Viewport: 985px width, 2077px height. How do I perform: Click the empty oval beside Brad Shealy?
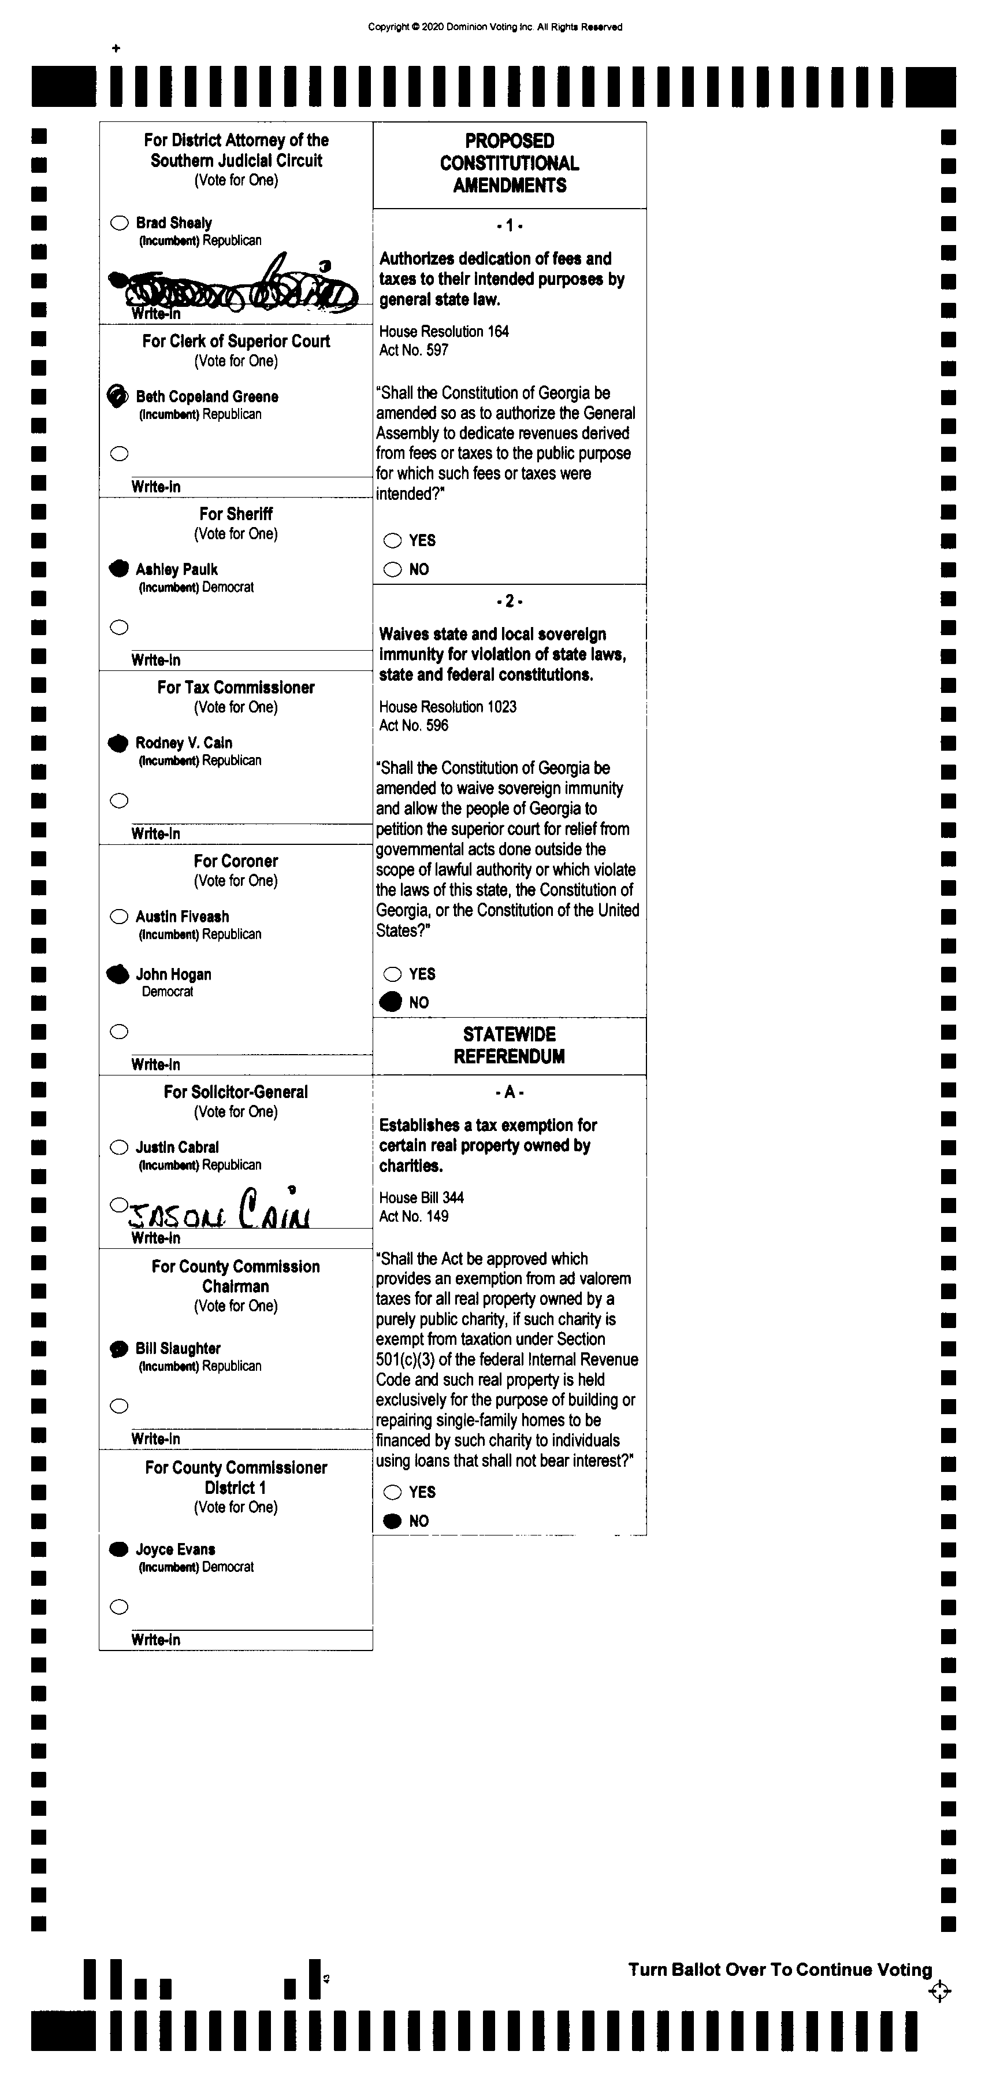tap(119, 222)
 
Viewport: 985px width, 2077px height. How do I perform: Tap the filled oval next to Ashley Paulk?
tap(119, 569)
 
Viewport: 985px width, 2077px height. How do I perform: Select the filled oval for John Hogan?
tap(118, 974)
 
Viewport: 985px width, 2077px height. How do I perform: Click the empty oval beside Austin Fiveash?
tap(119, 916)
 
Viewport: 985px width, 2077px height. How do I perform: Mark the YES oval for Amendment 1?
tap(392, 540)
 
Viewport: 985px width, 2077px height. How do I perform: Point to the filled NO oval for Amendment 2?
tap(392, 1002)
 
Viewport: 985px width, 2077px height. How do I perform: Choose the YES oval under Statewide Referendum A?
tap(392, 1492)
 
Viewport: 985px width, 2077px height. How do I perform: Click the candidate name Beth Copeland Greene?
tap(207, 396)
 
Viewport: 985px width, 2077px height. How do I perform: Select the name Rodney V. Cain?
tap(184, 743)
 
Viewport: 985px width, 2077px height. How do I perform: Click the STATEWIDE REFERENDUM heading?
tap(510, 1045)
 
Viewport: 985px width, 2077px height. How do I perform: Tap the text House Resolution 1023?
tap(447, 706)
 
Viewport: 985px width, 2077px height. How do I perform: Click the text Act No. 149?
tap(414, 1216)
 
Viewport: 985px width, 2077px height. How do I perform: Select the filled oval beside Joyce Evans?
tap(118, 1549)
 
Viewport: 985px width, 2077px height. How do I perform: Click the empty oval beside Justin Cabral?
tap(119, 1147)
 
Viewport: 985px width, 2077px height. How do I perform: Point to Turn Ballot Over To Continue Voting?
tap(779, 1969)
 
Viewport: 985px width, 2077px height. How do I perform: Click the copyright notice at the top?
tap(495, 27)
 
